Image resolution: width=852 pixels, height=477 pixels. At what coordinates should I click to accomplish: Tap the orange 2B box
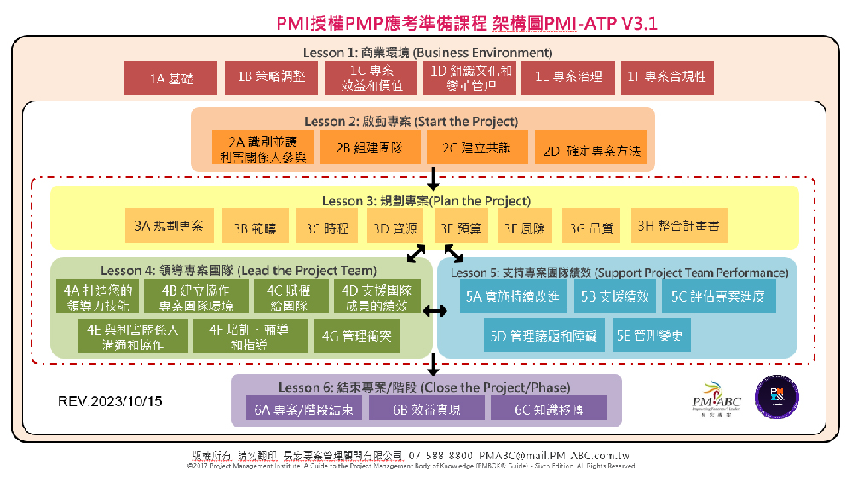(x=368, y=147)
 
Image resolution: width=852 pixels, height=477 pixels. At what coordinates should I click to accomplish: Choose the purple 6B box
(x=426, y=409)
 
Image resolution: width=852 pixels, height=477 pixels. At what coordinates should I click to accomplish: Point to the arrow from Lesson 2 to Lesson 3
(x=434, y=177)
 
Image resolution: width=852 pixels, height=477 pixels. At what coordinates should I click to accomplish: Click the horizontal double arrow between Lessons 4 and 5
(x=435, y=312)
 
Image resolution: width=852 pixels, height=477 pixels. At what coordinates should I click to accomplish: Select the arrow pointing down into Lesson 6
(x=434, y=364)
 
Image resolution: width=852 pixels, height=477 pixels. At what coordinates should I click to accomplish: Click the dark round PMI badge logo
(x=776, y=396)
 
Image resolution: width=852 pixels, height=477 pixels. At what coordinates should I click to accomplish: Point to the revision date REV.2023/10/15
(x=110, y=400)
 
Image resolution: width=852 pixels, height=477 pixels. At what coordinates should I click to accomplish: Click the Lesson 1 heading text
(x=427, y=52)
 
